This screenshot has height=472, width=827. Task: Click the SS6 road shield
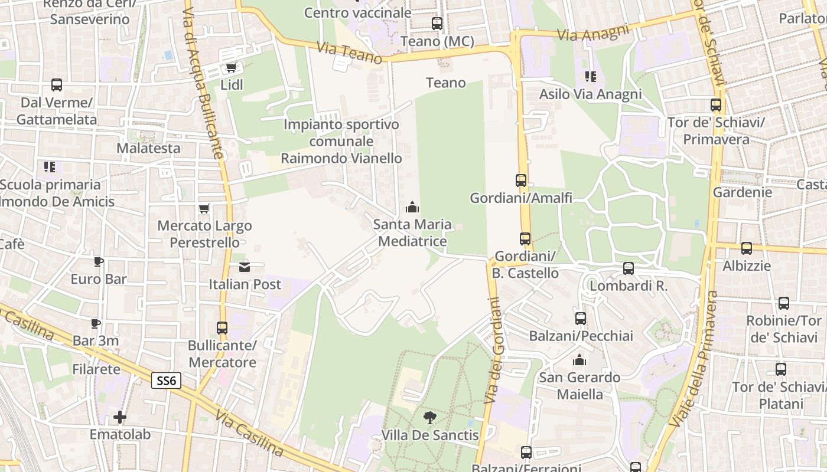click(x=166, y=381)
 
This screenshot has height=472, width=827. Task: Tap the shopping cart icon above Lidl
click(x=231, y=68)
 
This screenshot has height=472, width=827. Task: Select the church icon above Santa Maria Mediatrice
click(x=412, y=207)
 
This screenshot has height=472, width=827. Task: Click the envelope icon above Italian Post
click(x=245, y=267)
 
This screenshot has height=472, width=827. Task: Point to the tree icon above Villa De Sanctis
click(x=429, y=418)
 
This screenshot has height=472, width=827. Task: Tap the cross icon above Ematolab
click(x=120, y=417)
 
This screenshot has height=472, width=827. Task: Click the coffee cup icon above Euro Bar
click(x=99, y=262)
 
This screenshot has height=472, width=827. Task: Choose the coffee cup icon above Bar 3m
click(x=96, y=323)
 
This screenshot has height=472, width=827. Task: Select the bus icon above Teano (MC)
click(x=437, y=24)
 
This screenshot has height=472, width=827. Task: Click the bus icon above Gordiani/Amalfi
click(x=521, y=181)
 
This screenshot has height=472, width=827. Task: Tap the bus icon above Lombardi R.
click(x=629, y=268)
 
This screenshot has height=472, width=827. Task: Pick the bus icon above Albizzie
click(x=747, y=248)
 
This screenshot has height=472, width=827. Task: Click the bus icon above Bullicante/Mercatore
click(x=222, y=327)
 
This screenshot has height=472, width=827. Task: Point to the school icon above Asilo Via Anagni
click(x=590, y=77)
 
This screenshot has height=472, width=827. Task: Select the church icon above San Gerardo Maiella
click(x=579, y=360)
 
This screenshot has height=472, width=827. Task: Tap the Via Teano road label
click(x=350, y=53)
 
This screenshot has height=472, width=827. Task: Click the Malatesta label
click(x=148, y=148)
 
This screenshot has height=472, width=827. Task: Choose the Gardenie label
click(x=742, y=192)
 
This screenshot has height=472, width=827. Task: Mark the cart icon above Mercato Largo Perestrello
click(x=204, y=208)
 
